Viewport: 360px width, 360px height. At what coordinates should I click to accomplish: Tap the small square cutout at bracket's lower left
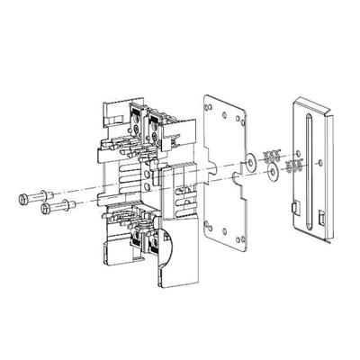(x=294, y=211)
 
